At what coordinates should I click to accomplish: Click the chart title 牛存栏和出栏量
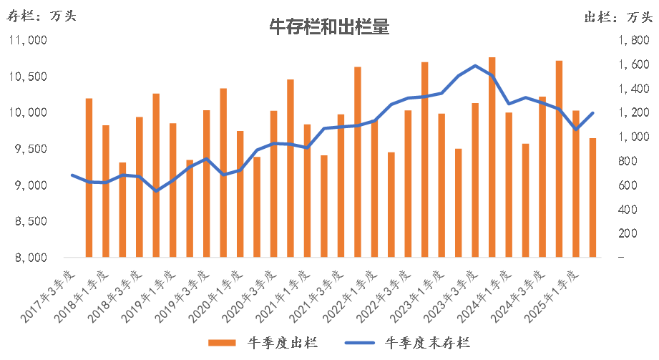tap(329, 27)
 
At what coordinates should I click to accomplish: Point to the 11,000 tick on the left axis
tap(28, 41)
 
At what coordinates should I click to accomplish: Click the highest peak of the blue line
tap(476, 65)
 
